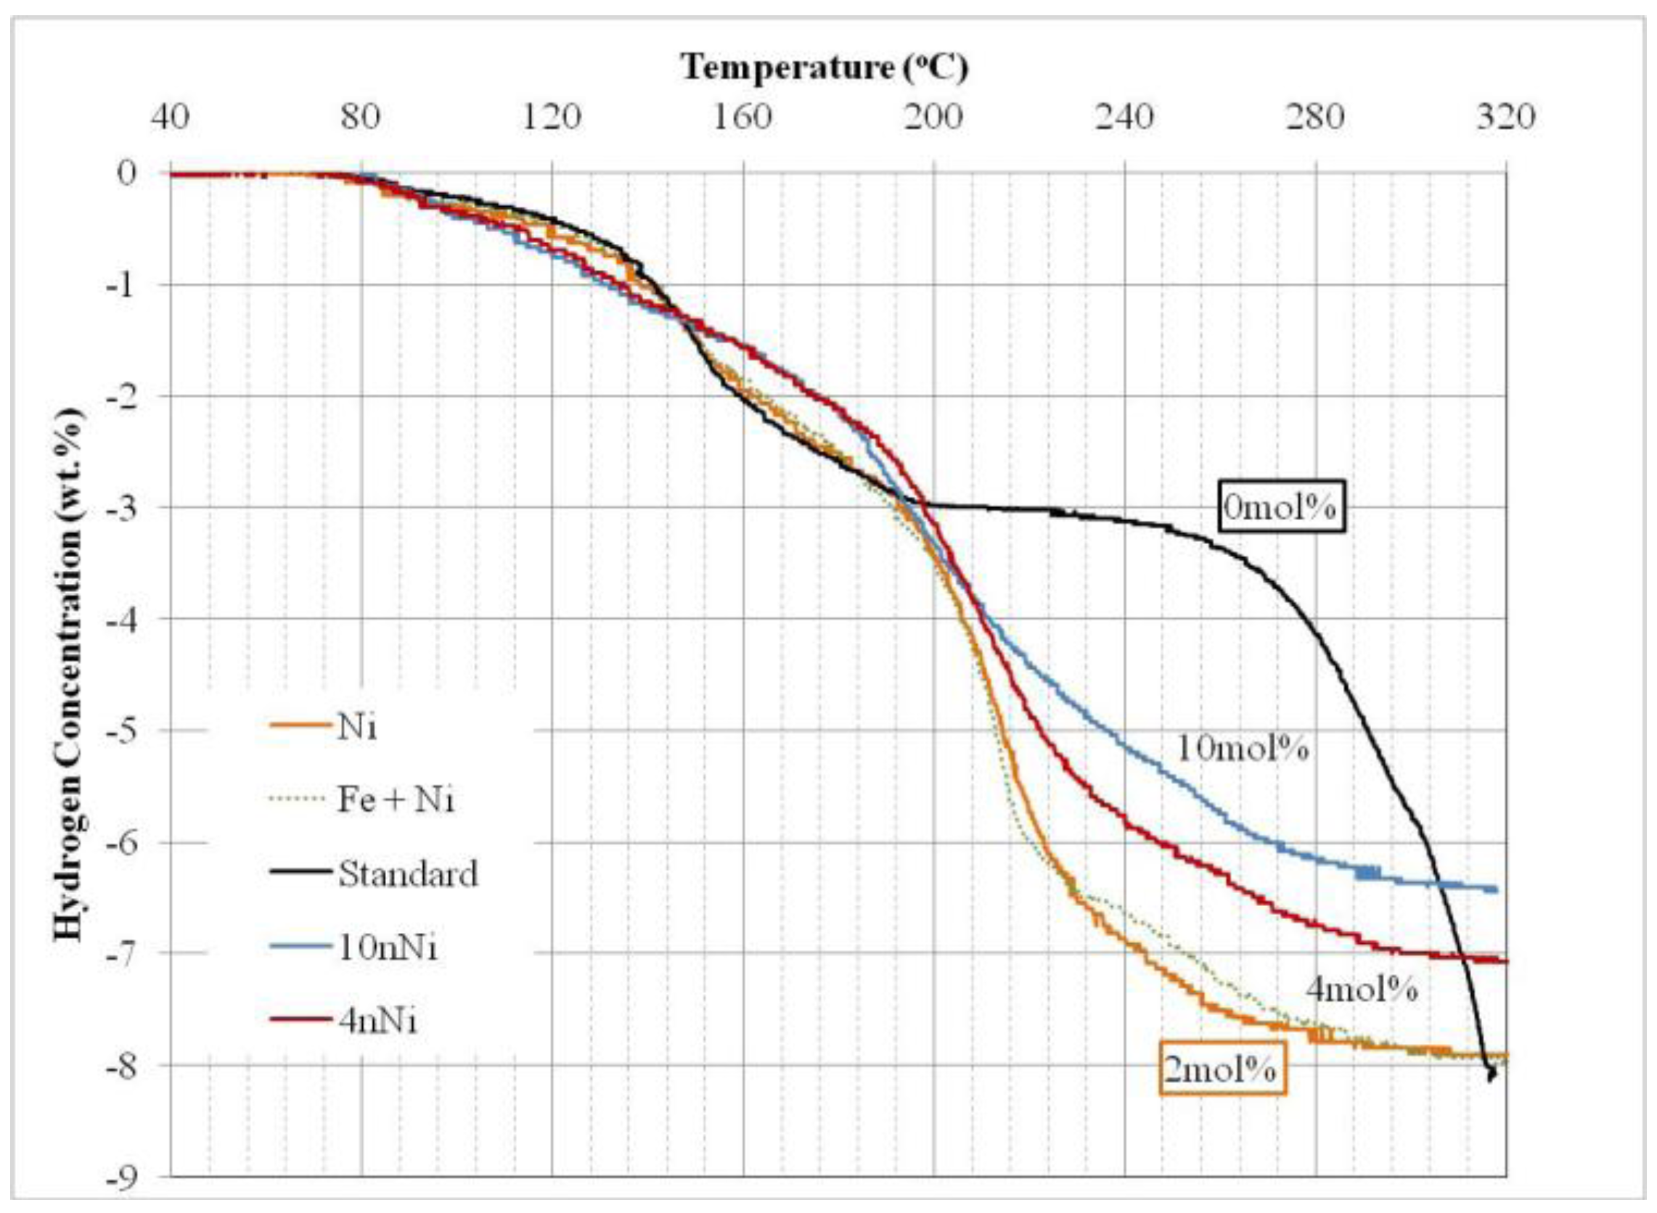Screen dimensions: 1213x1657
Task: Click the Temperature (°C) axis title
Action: (x=824, y=67)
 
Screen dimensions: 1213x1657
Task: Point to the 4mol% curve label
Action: (x=1361, y=990)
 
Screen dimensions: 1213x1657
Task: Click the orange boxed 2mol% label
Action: (x=1222, y=1072)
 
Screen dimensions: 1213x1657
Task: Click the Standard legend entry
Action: (x=408, y=873)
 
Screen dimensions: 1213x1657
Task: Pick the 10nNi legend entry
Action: (x=387, y=948)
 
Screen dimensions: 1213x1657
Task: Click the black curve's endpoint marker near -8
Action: (x=1490, y=1074)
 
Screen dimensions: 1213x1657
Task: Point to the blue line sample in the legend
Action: (x=301, y=948)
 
